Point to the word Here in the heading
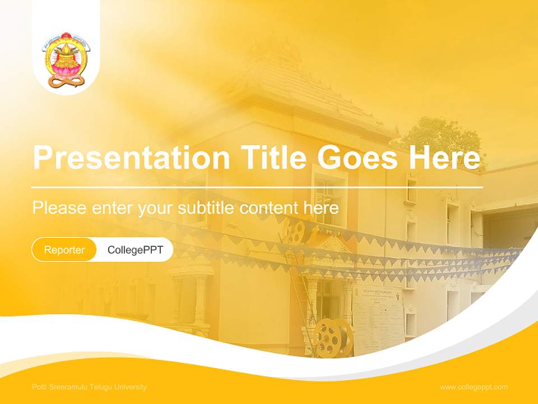click(x=444, y=158)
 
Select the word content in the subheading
click(x=269, y=208)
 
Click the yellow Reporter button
click(x=64, y=250)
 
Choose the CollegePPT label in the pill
click(x=135, y=250)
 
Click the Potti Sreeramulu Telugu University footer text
click(x=90, y=387)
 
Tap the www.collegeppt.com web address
click(x=474, y=387)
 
